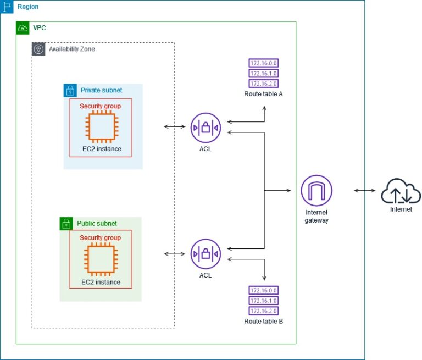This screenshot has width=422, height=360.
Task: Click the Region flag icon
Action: pyautogui.click(x=7, y=7)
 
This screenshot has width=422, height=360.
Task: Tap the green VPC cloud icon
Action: pyautogui.click(x=23, y=27)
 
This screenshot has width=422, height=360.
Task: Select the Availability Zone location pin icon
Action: pyautogui.click(x=38, y=49)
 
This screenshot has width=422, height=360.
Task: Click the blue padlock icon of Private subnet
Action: pyautogui.click(x=70, y=90)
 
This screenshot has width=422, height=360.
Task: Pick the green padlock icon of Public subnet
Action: pyautogui.click(x=66, y=223)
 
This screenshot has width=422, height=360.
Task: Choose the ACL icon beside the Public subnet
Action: pyautogui.click(x=205, y=254)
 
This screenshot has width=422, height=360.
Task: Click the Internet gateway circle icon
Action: pyautogui.click(x=316, y=191)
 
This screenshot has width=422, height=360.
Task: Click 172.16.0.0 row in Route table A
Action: pyautogui.click(x=263, y=63)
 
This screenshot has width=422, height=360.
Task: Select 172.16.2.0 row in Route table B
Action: pyautogui.click(x=263, y=311)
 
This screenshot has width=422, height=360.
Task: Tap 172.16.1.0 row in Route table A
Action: pyautogui.click(x=263, y=73)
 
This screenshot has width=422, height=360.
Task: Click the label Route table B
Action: pyautogui.click(x=263, y=321)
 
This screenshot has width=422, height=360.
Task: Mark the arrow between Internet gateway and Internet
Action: pyautogui.click(x=365, y=191)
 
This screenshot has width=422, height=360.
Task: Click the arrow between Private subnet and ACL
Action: pyautogui.click(x=175, y=127)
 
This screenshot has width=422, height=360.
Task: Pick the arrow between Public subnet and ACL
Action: pyautogui.click(x=175, y=254)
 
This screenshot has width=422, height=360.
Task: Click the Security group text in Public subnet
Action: pyautogui.click(x=101, y=238)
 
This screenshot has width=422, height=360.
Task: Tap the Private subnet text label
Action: pyautogui.click(x=102, y=90)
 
